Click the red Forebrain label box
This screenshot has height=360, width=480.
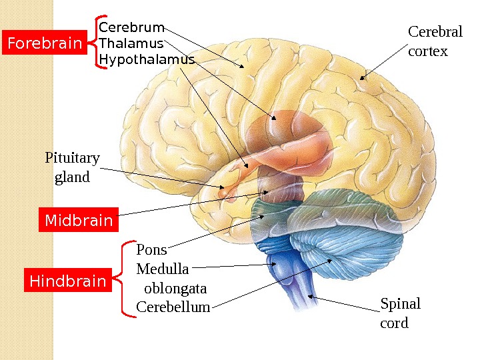[x=44, y=44]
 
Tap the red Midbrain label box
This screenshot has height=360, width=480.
[x=78, y=220]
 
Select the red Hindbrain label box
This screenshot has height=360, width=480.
[x=67, y=281]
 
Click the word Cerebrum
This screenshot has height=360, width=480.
[x=131, y=27]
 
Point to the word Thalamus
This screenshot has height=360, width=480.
[x=131, y=43]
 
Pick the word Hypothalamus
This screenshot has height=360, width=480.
[x=147, y=59]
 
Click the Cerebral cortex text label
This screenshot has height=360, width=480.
[x=427, y=41]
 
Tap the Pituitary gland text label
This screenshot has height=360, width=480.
[x=72, y=167]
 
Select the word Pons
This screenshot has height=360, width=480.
[x=151, y=250]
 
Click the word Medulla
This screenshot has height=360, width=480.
[x=163, y=269]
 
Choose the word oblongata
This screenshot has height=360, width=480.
[x=175, y=289]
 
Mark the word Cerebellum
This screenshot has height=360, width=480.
[x=173, y=307]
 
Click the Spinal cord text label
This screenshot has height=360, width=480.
[x=400, y=313]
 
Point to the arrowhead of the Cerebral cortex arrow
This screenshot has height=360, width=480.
[x=363, y=77]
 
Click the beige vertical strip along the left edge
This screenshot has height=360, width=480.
[x=26, y=180]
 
